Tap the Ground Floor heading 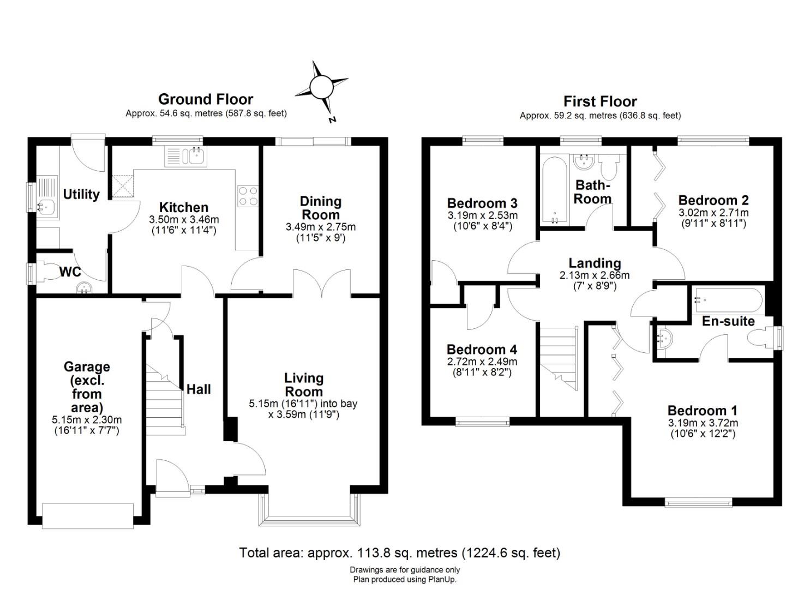click(206, 99)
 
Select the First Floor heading click(600, 101)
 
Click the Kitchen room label click(184, 208)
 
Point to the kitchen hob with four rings click(248, 196)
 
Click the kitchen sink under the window click(185, 157)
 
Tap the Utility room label click(81, 195)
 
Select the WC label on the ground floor click(70, 272)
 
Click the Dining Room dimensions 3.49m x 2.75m click(320, 227)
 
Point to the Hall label click(199, 389)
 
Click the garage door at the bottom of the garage click(87, 516)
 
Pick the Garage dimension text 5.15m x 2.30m click(87, 420)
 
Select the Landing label click(595, 263)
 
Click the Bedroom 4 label click(482, 350)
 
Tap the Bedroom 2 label click(713, 200)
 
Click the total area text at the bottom click(400, 553)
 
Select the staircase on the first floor click(559, 358)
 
